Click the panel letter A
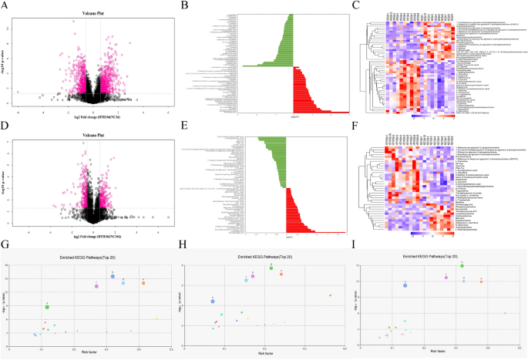6,7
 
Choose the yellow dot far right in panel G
156,318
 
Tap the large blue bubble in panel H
212,301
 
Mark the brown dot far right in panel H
330,294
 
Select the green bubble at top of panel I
462,265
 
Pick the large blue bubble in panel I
405,285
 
